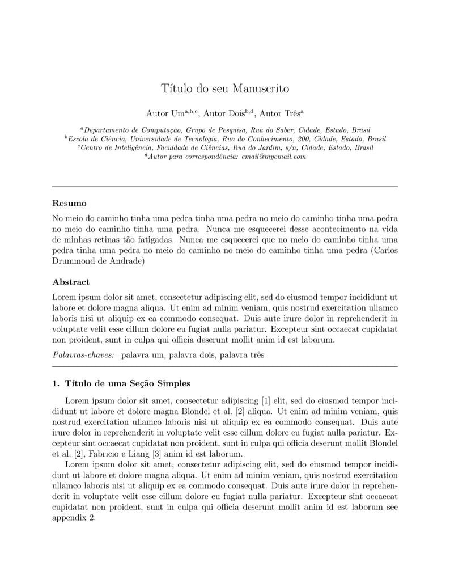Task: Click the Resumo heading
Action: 69,203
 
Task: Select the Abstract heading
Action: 71,282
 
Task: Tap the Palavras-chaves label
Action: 83,355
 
